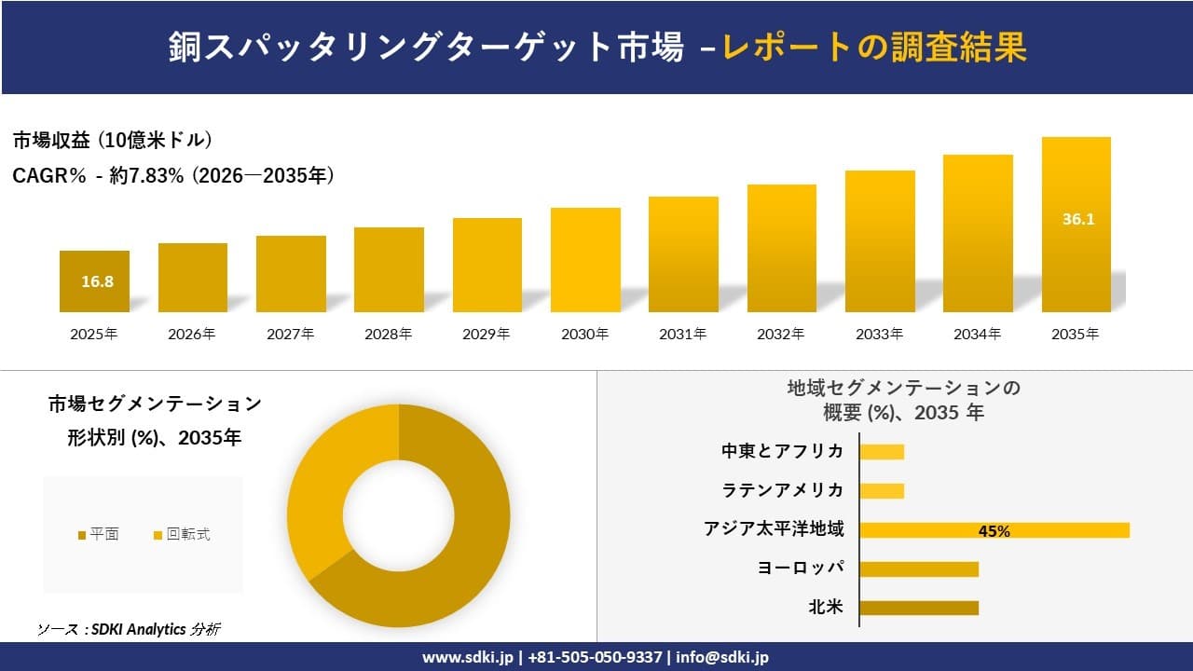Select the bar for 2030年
pos(585,260)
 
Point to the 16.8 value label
pos(97,281)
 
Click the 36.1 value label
pos(1077,220)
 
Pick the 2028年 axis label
pos(389,334)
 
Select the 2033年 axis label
pos(879,334)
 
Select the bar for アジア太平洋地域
pos(994,530)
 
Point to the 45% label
pos(994,531)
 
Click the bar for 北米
pos(918,608)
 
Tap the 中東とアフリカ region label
pos(782,451)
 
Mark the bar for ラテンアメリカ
pos(882,490)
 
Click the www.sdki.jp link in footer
pos(469,657)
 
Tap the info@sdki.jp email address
pos(723,657)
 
